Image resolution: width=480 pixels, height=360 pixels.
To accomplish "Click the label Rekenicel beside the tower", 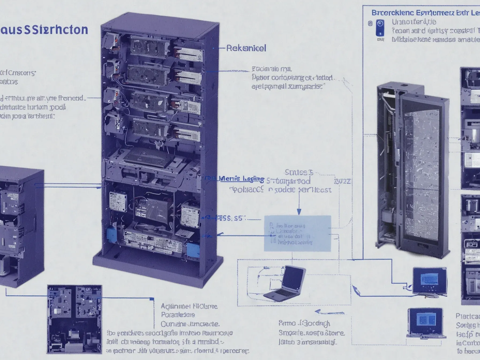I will point(246,48).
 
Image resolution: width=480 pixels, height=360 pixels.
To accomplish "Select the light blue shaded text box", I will point(297,233).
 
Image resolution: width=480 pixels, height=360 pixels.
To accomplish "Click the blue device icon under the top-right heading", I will point(380,27).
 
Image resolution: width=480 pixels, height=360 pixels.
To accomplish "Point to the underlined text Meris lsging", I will point(241,179).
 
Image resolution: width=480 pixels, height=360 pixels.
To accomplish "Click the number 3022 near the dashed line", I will point(342,181).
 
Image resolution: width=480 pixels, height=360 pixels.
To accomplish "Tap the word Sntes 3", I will point(299,172).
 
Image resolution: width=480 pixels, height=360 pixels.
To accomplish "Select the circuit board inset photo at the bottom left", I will point(74,319).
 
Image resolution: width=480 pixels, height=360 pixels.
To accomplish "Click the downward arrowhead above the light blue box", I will point(299,212).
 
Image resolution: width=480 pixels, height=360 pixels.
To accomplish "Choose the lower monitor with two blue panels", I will point(426,321).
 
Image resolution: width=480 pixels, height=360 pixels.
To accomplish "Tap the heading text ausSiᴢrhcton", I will point(44,30).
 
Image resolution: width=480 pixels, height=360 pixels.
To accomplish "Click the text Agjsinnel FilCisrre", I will point(189,306).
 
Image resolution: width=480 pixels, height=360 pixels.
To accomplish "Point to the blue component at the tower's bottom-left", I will point(111,233).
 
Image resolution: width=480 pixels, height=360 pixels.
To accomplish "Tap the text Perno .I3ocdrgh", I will point(304,324).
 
